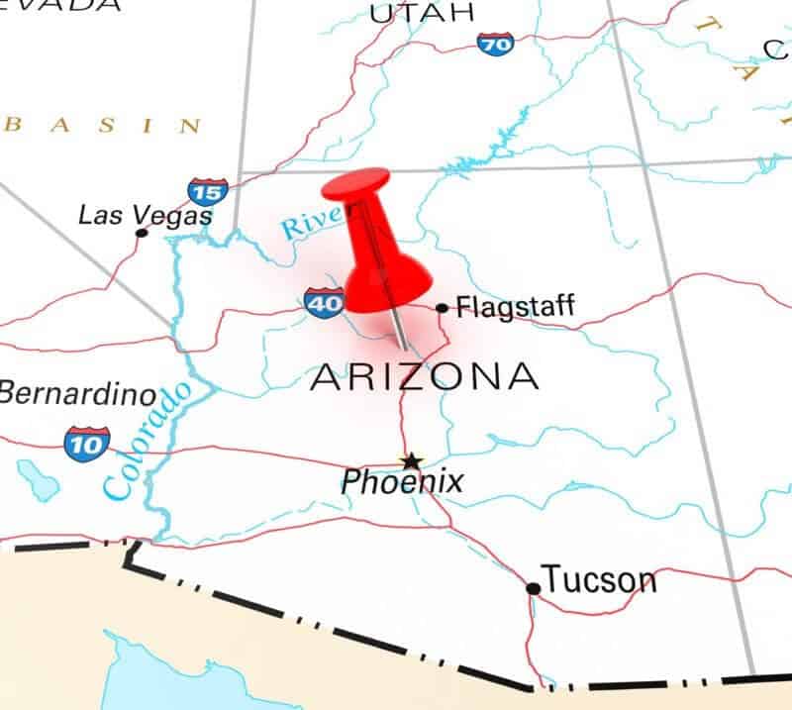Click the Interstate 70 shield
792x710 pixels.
[x=495, y=44]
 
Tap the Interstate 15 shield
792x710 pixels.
[x=207, y=190]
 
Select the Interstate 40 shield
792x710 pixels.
[x=325, y=302]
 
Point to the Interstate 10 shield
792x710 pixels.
[x=86, y=443]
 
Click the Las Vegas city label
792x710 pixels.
[x=145, y=214]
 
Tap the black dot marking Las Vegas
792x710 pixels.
[x=142, y=233]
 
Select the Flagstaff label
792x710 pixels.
[x=515, y=306]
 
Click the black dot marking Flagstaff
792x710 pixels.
[x=442, y=308]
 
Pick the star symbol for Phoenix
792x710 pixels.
[x=410, y=460]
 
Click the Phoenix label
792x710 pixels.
[x=402, y=482]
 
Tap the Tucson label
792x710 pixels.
[x=598, y=580]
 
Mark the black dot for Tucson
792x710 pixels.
[x=533, y=588]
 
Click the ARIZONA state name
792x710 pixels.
[x=425, y=377]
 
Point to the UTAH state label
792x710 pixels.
[x=422, y=13]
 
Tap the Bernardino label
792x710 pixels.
[x=77, y=394]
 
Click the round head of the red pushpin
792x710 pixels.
[x=356, y=185]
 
